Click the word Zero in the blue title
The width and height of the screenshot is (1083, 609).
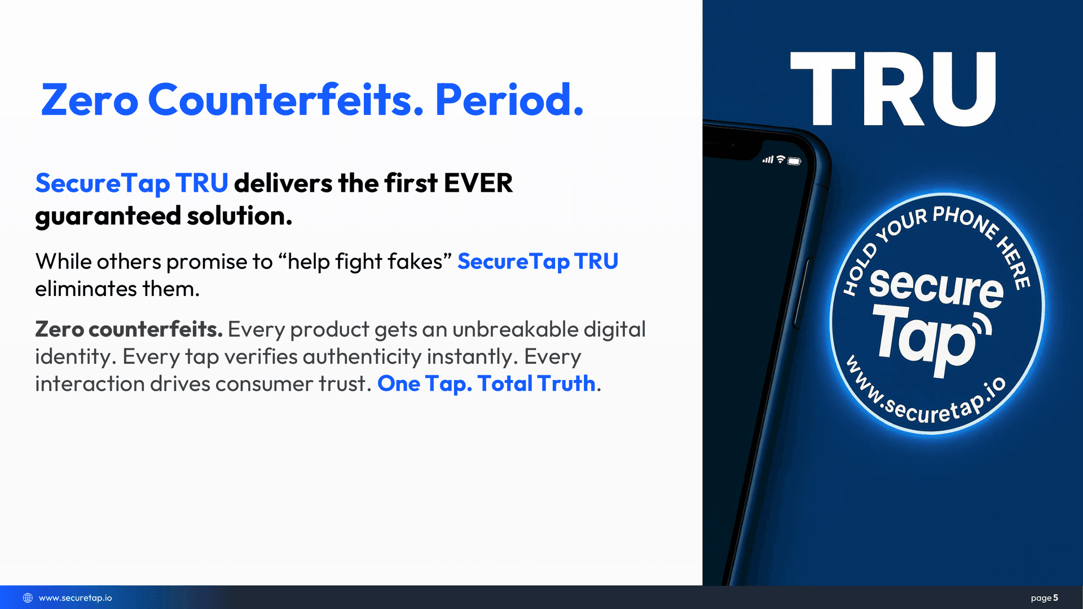coord(90,100)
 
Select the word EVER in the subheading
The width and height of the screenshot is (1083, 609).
coord(478,183)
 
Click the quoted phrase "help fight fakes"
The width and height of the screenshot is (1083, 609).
coord(366,261)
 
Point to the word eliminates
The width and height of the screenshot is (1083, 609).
coord(86,289)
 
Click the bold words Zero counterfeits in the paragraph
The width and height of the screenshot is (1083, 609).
coord(129,329)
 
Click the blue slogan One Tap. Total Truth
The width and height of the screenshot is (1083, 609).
coord(486,383)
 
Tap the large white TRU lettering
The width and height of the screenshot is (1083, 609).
coord(893,89)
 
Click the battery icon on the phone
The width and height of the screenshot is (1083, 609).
coord(794,161)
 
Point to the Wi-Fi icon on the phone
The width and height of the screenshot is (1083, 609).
coord(781,160)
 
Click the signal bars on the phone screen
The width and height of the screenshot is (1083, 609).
coord(768,160)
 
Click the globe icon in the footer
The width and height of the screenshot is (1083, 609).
coord(28,598)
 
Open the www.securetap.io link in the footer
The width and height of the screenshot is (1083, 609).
coord(75,598)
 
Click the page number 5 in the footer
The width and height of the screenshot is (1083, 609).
coord(1055,598)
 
